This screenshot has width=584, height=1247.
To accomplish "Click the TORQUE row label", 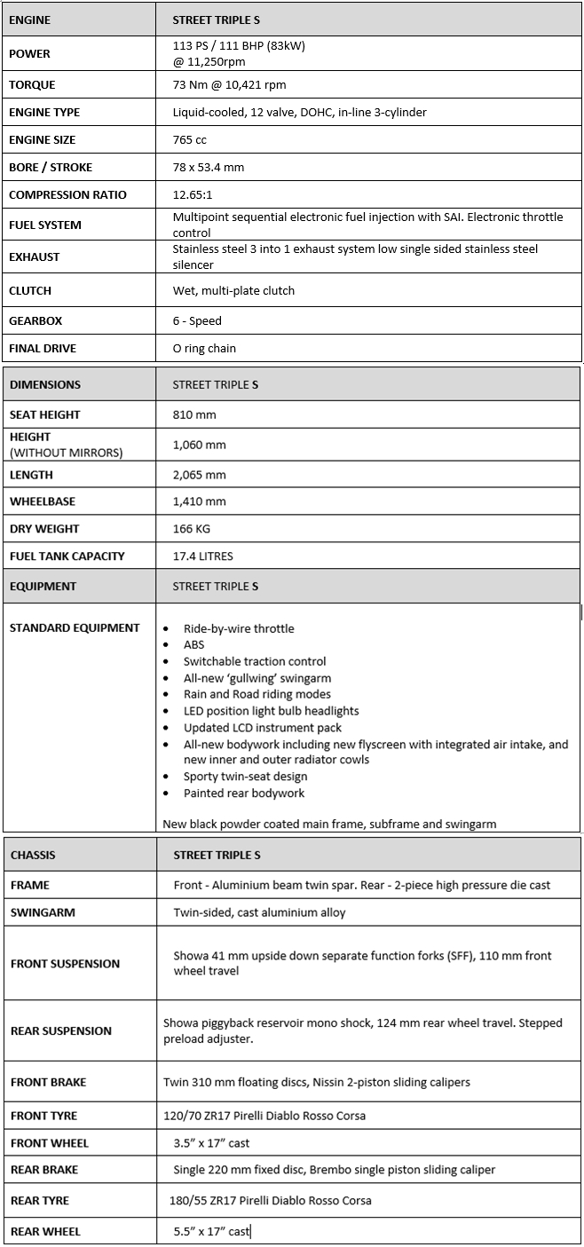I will click(x=32, y=85).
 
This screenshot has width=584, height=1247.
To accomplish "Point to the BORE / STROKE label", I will click(x=51, y=168).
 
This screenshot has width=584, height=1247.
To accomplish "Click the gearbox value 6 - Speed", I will click(x=197, y=321).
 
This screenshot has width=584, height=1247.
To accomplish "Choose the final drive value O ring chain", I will click(x=204, y=349).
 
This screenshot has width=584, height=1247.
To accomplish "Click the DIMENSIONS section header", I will click(x=45, y=385).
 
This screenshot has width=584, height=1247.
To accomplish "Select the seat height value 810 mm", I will click(x=194, y=414).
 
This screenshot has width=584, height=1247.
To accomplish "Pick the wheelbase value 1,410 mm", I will click(x=199, y=501).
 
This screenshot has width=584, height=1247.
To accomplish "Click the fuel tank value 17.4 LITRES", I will click(x=203, y=556).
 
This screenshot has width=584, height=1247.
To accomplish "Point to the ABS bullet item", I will click(x=193, y=645).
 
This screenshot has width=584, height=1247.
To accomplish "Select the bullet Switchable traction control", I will click(x=255, y=661).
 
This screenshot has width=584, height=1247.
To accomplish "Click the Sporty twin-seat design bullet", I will click(x=245, y=777).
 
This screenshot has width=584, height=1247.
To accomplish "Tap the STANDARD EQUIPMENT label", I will click(x=75, y=628).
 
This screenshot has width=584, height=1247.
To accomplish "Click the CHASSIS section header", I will click(x=33, y=856).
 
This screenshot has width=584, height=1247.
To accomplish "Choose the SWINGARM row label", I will click(x=43, y=912).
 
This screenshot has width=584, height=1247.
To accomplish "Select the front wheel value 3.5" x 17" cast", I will click(x=212, y=1143).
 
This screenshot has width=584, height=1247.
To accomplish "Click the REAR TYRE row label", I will click(x=40, y=1201).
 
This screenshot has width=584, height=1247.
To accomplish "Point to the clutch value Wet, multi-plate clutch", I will click(x=233, y=291).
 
